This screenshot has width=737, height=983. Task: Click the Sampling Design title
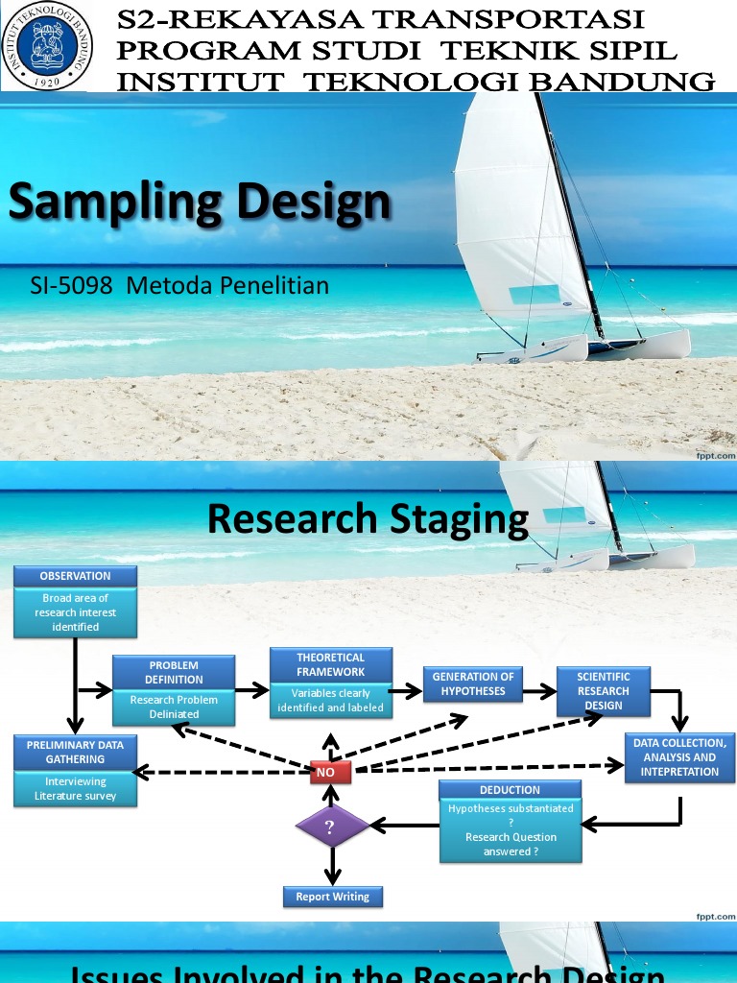pos(200,203)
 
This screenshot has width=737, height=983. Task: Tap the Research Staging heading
pos(368,519)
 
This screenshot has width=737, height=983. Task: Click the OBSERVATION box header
pos(75,576)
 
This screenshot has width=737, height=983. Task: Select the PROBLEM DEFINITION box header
pos(174,672)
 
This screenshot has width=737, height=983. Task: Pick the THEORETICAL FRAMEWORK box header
pos(330,665)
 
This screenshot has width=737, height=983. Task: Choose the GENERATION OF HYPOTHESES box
pos(473,683)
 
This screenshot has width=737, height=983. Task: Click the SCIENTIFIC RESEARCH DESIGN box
pos(603,691)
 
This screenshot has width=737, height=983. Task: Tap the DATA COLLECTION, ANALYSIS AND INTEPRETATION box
pos(679,757)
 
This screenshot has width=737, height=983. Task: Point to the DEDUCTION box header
pos(510,790)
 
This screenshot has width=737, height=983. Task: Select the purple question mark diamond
pos(330,827)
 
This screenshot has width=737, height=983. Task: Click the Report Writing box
pos(332,897)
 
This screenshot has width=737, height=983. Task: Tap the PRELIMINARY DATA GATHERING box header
pos(75,752)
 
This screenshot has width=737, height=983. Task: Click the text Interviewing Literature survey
pos(75,789)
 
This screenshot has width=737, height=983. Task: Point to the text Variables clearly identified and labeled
pos(330,700)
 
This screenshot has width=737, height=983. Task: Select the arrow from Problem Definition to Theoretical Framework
pos(251,689)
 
